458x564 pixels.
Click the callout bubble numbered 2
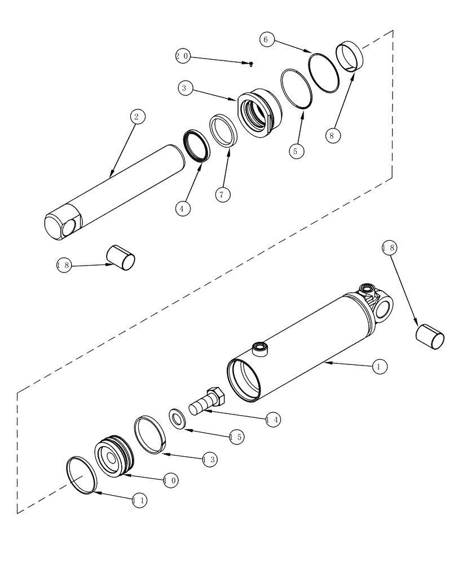click(136, 117)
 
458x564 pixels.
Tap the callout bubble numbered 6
click(267, 39)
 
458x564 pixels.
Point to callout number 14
click(273, 420)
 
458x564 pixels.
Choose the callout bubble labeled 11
click(139, 500)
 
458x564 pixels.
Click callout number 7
click(222, 195)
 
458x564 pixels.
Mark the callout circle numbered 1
click(379, 367)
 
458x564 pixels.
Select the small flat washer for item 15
click(178, 418)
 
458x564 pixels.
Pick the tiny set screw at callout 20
click(251, 64)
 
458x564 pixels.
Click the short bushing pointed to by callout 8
click(350, 56)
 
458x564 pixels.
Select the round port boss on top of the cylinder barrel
click(261, 348)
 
